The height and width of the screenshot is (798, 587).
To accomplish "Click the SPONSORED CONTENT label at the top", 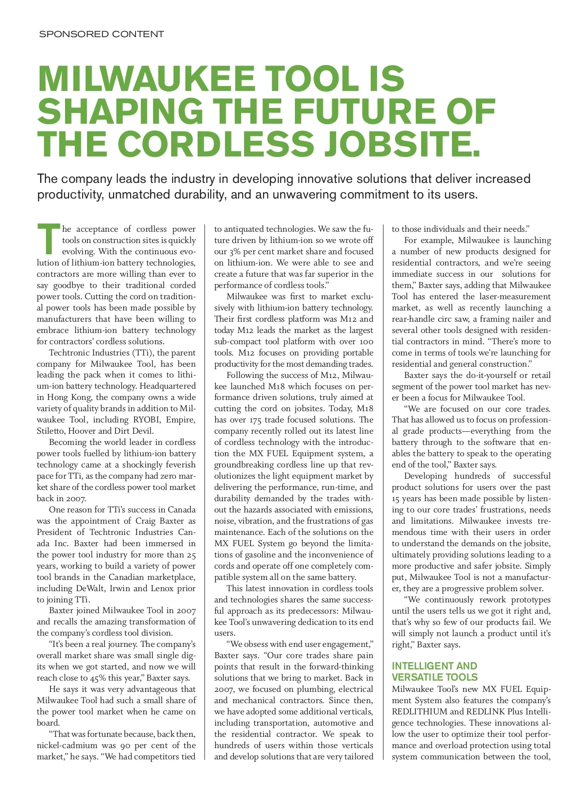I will pyautogui.click(x=101, y=34).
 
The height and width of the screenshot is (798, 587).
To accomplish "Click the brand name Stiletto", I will pyautogui.click(x=51, y=431).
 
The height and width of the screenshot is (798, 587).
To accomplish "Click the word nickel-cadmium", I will pyautogui.click(x=68, y=746).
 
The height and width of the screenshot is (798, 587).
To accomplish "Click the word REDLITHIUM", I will pyautogui.click(x=420, y=712).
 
